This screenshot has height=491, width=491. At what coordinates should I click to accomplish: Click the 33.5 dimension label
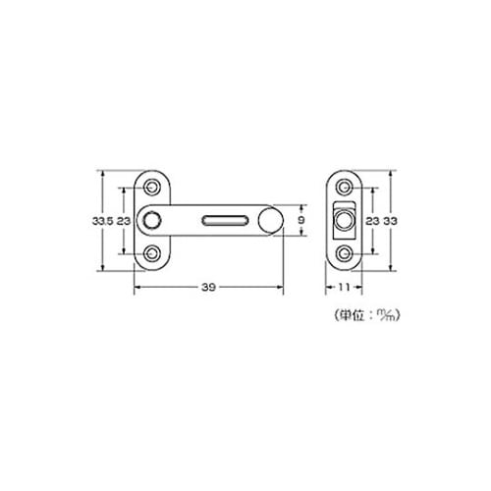102,221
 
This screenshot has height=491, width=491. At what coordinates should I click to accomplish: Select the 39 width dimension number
208,287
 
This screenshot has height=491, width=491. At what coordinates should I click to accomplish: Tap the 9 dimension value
301,220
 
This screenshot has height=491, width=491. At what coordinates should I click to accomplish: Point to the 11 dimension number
344,287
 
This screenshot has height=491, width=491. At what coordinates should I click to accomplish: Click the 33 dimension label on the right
391,221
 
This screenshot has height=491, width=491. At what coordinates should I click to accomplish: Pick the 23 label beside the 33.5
124,221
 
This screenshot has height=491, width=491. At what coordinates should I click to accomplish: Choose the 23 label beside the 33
372,221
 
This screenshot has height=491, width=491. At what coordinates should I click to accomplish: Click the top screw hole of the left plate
151,188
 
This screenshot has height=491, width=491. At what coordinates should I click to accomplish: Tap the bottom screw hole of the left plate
151,253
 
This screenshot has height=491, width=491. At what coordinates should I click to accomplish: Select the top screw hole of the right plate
344,188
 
